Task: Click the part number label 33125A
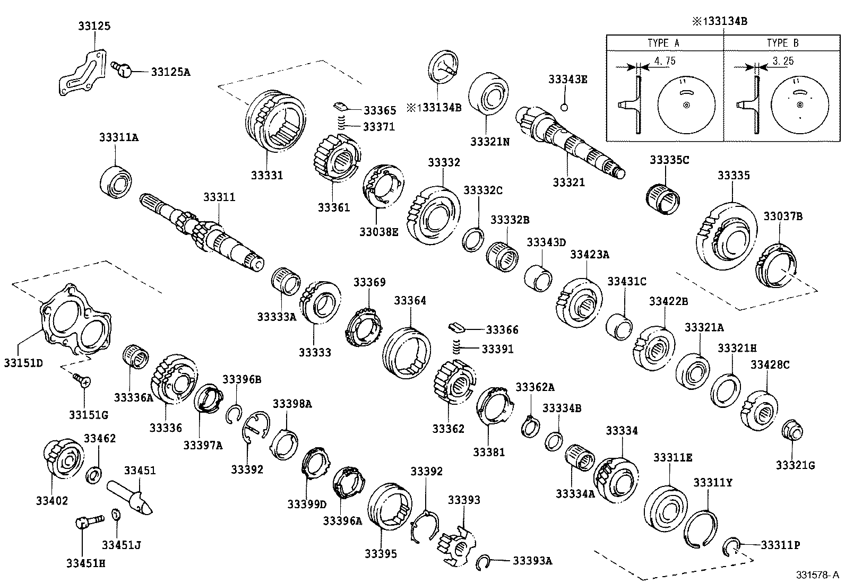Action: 170,71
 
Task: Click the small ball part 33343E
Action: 565,108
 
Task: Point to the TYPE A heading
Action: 663,43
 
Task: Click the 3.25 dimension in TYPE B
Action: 783,61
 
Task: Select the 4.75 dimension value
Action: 664,61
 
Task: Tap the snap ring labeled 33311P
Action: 731,547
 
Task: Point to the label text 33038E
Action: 378,232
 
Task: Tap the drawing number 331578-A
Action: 817,575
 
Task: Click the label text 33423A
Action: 590,255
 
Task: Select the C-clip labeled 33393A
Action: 484,562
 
